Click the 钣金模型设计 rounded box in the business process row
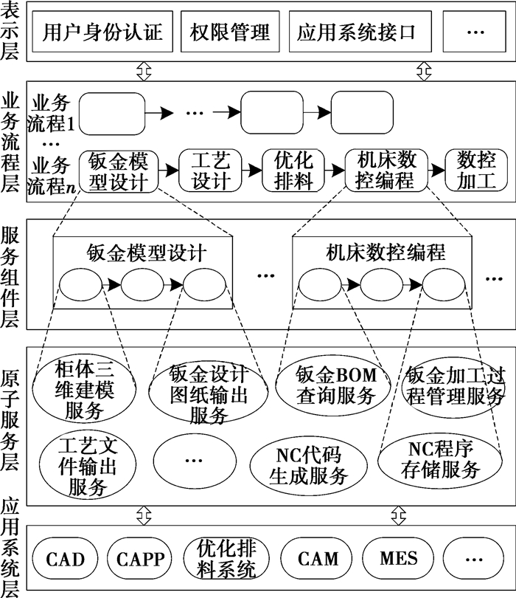click(x=119, y=171)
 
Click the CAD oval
click(x=65, y=558)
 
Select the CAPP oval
click(x=140, y=558)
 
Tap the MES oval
click(x=398, y=558)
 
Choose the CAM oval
click(x=318, y=558)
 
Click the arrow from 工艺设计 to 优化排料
click(x=251, y=171)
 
